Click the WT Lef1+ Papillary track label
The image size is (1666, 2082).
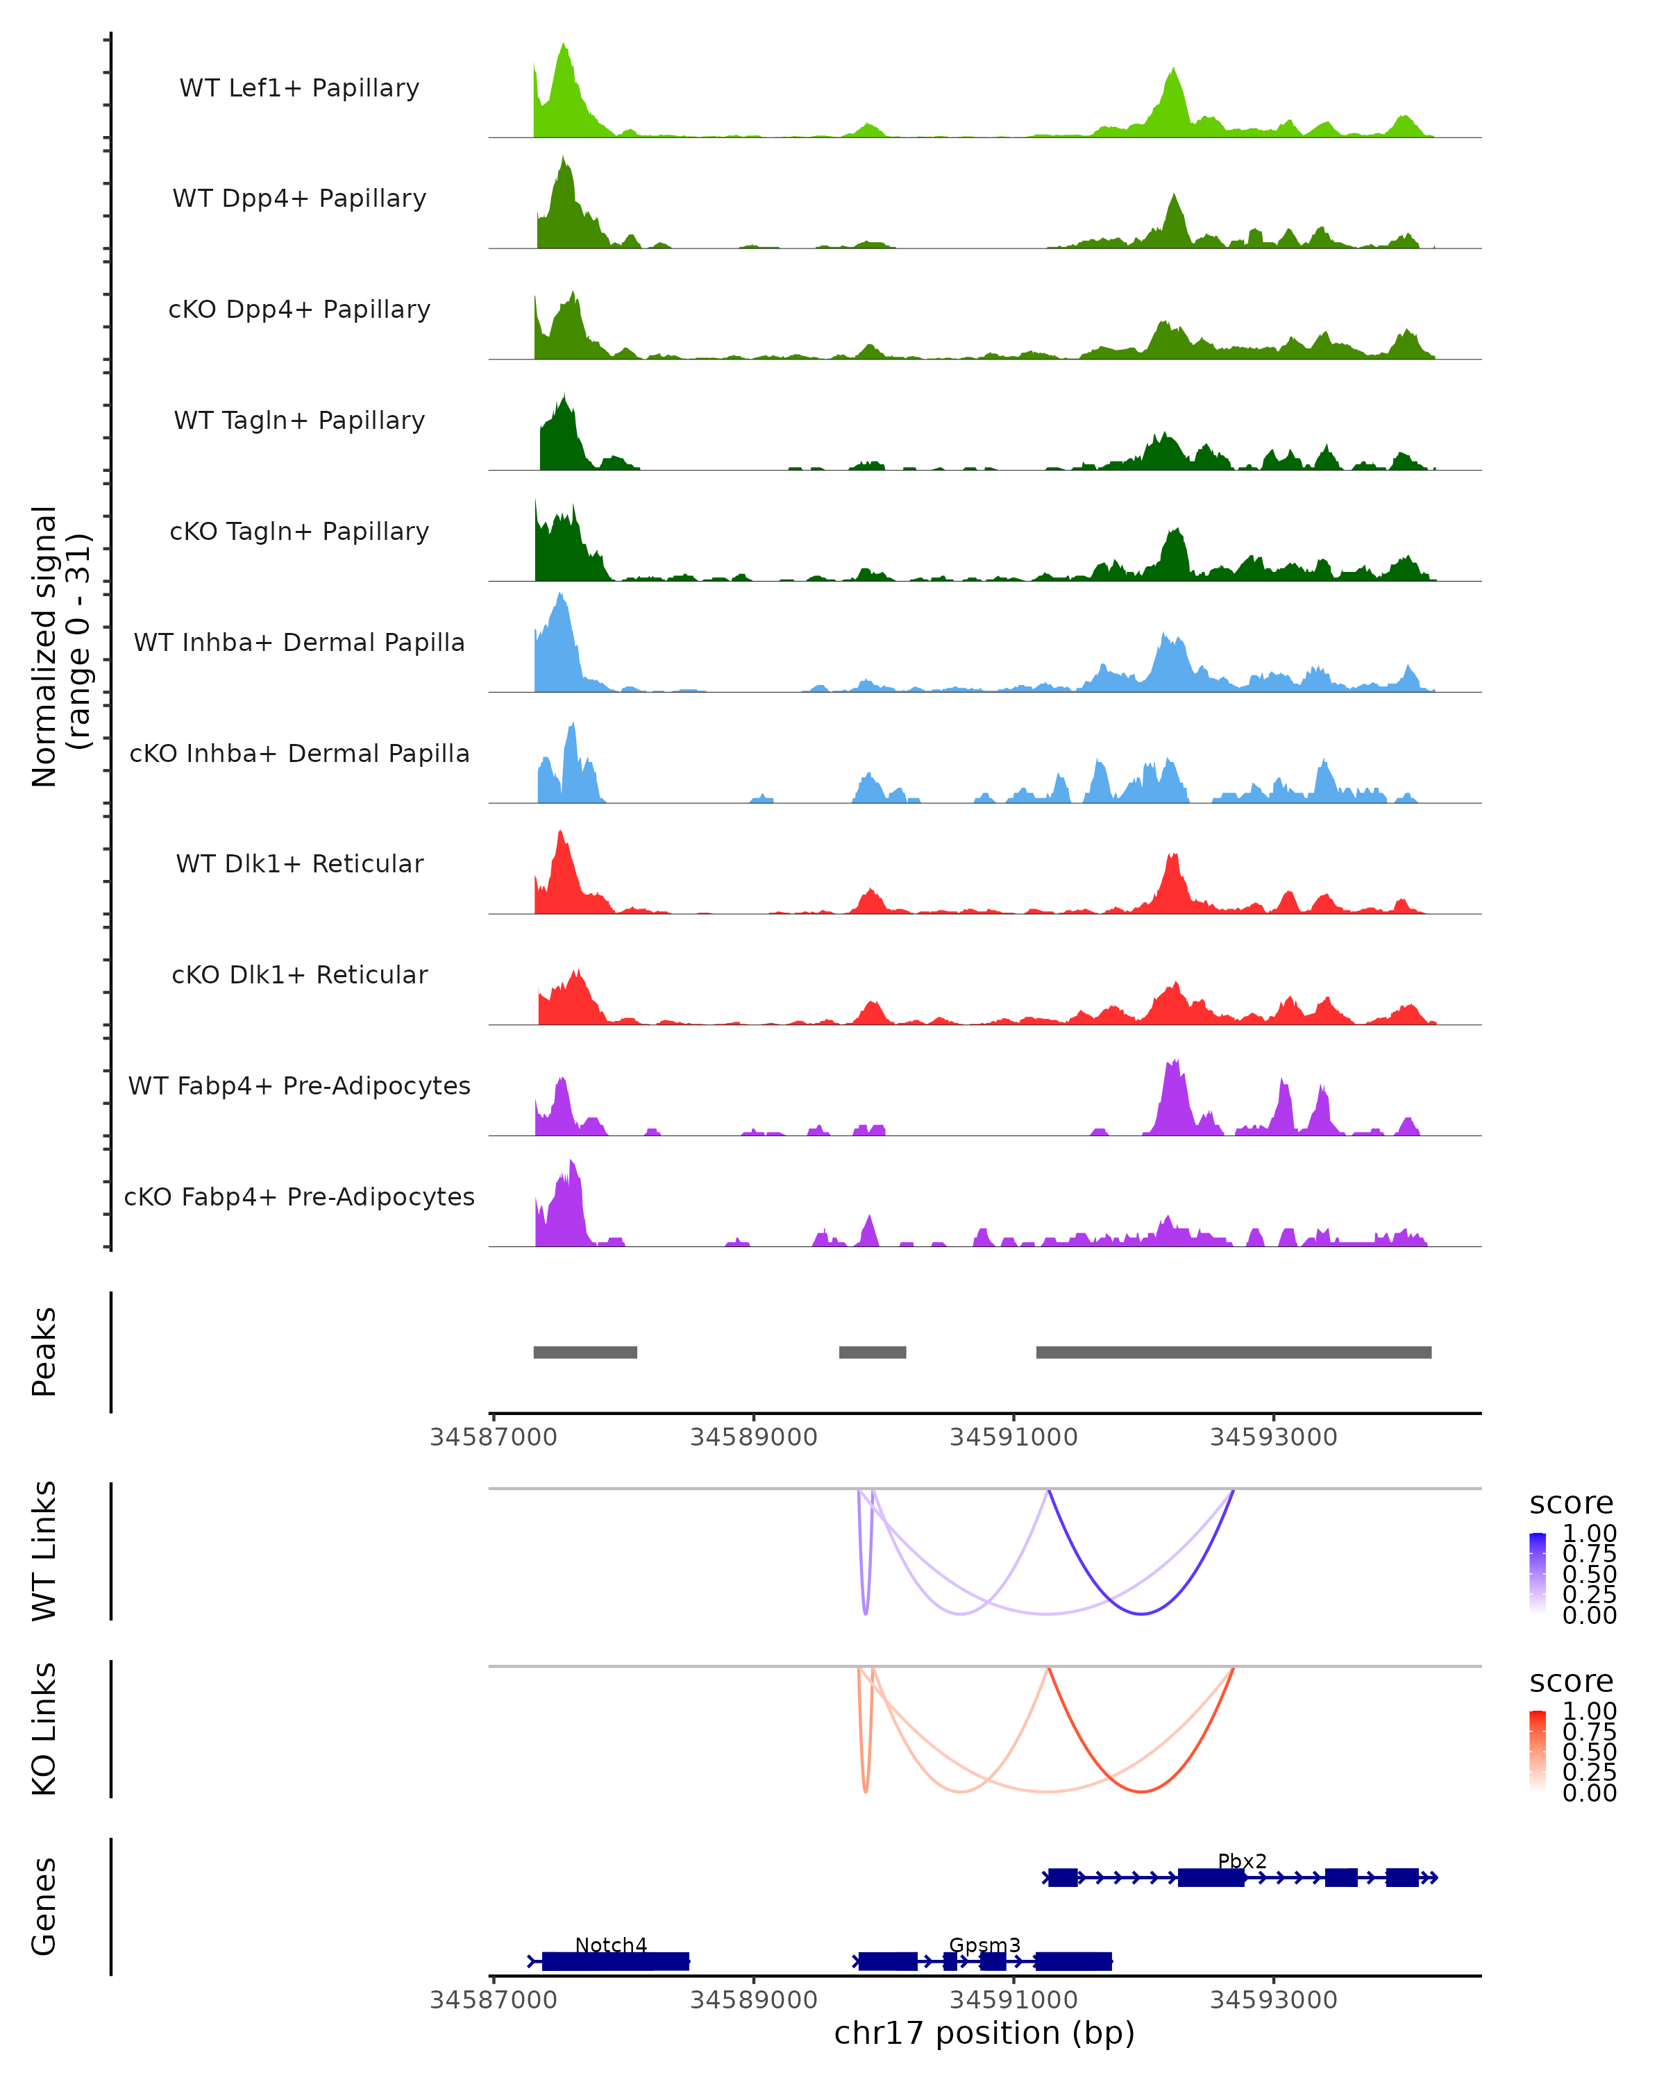299,88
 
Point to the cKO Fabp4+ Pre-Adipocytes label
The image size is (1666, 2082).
299,1196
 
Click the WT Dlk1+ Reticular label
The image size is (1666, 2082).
299,863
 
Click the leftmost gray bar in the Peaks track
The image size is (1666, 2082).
585,1352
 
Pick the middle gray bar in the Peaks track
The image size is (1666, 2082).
872,1352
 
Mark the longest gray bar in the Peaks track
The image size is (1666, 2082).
1234,1352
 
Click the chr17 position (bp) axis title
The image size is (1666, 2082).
984,2033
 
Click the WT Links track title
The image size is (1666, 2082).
44,1551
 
